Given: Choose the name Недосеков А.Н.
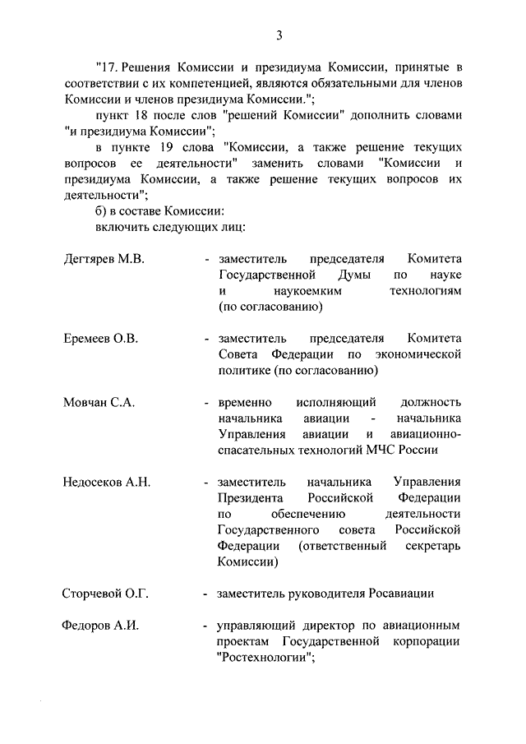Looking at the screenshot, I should point(107,482).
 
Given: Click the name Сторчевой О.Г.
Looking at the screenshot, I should point(105,594).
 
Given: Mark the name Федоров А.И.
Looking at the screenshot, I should point(100,626).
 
